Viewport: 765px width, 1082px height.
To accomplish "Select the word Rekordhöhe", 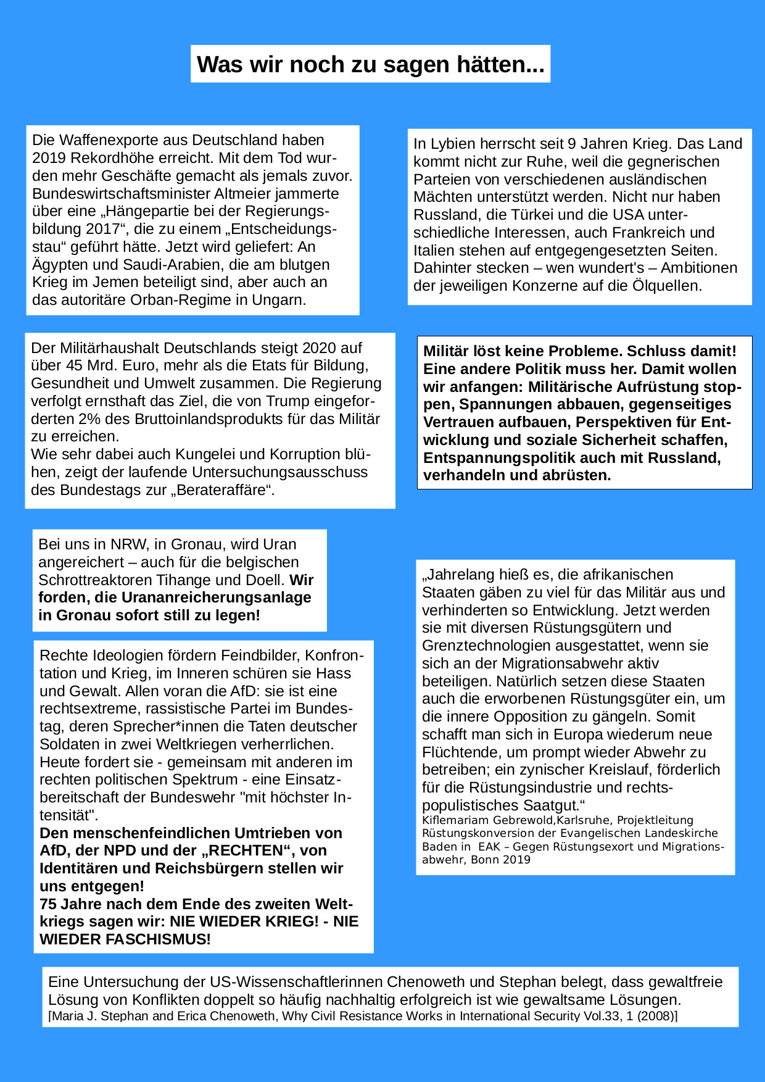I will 104,158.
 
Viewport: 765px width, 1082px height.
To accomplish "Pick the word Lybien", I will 452,144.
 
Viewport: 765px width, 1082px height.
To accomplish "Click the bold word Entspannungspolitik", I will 500,458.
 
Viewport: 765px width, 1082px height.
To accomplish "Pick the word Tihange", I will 214,580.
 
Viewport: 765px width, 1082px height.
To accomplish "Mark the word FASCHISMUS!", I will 125,939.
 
